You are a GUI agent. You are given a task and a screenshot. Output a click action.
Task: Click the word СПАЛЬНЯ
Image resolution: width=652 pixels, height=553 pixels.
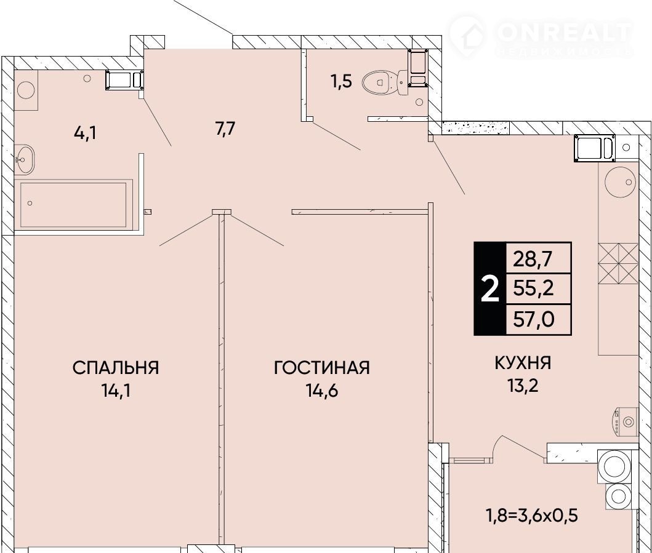tap(116, 368)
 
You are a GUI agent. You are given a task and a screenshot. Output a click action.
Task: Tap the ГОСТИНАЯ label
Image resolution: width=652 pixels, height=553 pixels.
tap(322, 368)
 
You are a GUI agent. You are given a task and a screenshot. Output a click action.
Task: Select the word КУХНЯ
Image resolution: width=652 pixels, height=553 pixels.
tap(523, 363)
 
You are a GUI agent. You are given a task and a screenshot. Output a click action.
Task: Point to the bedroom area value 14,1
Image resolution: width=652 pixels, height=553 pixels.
tap(116, 390)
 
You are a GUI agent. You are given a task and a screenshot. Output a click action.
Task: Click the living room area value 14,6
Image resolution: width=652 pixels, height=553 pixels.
tap(322, 390)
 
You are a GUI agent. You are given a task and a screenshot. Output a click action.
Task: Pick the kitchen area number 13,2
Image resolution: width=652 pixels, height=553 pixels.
tap(523, 386)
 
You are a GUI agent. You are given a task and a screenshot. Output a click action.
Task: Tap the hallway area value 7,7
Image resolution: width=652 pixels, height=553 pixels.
tap(225, 129)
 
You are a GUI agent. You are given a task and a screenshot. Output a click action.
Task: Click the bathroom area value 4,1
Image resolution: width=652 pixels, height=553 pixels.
tap(85, 133)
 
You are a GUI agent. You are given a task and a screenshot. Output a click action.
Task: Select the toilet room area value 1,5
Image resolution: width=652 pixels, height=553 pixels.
tap(341, 82)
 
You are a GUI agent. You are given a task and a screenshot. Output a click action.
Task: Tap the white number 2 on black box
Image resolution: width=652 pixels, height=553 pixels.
tap(490, 289)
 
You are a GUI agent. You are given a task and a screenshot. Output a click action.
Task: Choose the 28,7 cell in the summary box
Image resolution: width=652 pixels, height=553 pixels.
tap(533, 259)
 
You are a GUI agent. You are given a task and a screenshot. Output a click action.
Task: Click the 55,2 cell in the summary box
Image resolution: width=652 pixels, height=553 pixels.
tap(534, 287)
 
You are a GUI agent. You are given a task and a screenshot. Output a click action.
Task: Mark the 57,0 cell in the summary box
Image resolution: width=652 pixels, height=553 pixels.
tap(534, 319)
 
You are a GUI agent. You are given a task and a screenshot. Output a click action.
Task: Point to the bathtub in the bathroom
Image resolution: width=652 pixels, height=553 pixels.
tap(74, 204)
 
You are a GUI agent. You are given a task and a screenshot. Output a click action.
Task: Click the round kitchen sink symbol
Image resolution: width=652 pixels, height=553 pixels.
tap(619, 182)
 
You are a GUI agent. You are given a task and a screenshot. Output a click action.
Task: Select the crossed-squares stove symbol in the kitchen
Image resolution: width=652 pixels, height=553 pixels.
tap(618, 264)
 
